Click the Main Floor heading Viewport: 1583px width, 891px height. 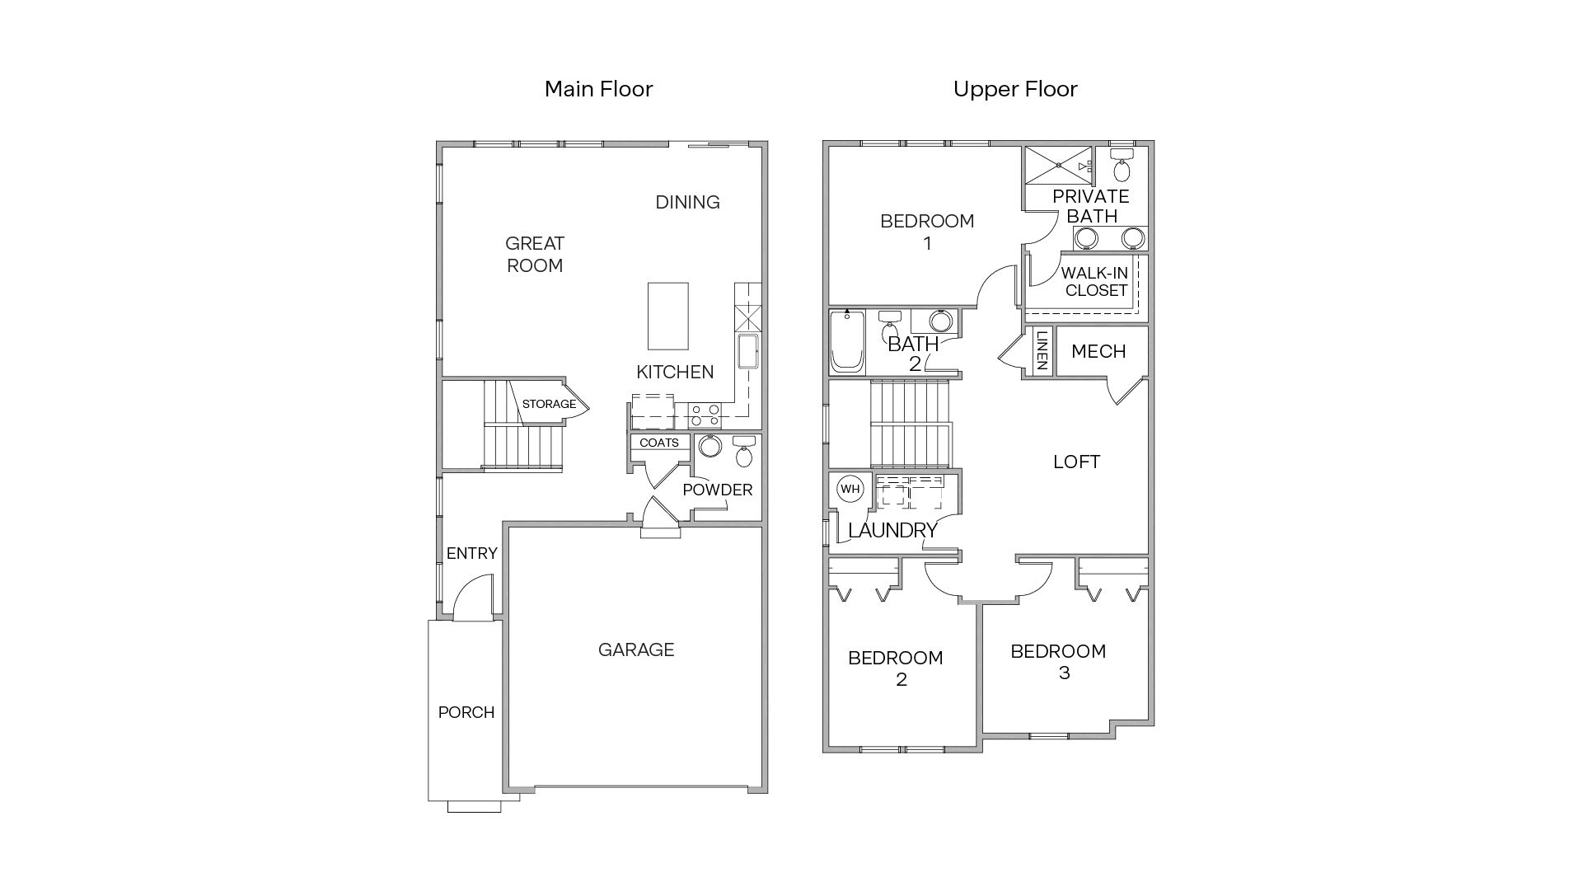pyautogui.click(x=598, y=89)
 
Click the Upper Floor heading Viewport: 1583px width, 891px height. pyautogui.click(x=1015, y=89)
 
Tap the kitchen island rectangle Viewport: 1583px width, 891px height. pyautogui.click(x=667, y=316)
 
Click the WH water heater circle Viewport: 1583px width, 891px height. pyautogui.click(x=850, y=489)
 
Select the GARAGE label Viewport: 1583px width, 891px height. pyautogui.click(x=636, y=649)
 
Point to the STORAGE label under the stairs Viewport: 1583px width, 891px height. pyautogui.click(x=549, y=404)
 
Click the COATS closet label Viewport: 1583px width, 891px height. pyautogui.click(x=659, y=443)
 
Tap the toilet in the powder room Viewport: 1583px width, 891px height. pyautogui.click(x=744, y=453)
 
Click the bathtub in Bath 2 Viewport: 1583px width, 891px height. pyautogui.click(x=847, y=341)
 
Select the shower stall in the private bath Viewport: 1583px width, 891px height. pyautogui.click(x=1058, y=166)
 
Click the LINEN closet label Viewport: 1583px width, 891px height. pyautogui.click(x=1042, y=350)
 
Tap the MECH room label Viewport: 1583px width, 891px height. pyautogui.click(x=1098, y=351)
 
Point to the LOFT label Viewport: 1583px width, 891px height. pyautogui.click(x=1076, y=462)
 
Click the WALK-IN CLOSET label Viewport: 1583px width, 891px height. pyautogui.click(x=1094, y=281)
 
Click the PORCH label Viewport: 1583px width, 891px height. pyautogui.click(x=466, y=712)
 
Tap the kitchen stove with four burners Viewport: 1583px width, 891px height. pyautogui.click(x=705, y=415)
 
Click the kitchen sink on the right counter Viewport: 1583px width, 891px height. pyautogui.click(x=748, y=351)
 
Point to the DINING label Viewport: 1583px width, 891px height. pyautogui.click(x=687, y=202)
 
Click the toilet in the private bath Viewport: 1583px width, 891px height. pyautogui.click(x=1122, y=168)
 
